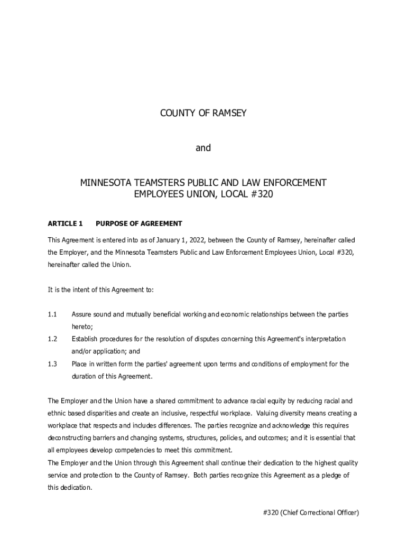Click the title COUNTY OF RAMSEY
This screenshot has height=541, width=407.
point(203,113)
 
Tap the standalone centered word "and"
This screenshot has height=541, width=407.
point(203,148)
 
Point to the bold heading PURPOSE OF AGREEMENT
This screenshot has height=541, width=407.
point(139,223)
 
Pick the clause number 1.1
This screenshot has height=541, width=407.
point(52,314)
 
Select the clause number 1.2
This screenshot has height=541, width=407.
point(52,339)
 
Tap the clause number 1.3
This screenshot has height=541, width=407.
point(52,364)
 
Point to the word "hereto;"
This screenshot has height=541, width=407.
point(82,327)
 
